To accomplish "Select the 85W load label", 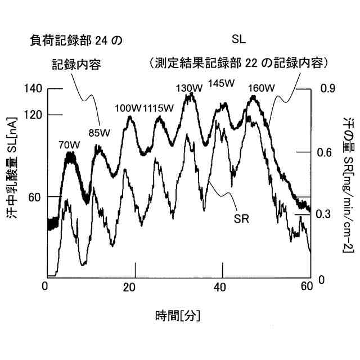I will pos(100,133).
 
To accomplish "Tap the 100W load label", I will pos(128,108).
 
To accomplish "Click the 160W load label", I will pos(261,88).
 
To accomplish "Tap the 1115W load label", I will pos(158,108).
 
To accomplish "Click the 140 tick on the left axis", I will pos(34,89).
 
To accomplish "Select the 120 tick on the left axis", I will pos(34,115).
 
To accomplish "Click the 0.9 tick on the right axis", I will pos(327,89).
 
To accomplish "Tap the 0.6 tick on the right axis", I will pos(327,152).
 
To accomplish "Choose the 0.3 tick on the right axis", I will pos(327,214).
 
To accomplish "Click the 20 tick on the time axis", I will pos(129,286).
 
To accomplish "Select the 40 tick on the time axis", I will pos(219,286).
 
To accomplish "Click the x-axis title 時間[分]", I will pos(178,314).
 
